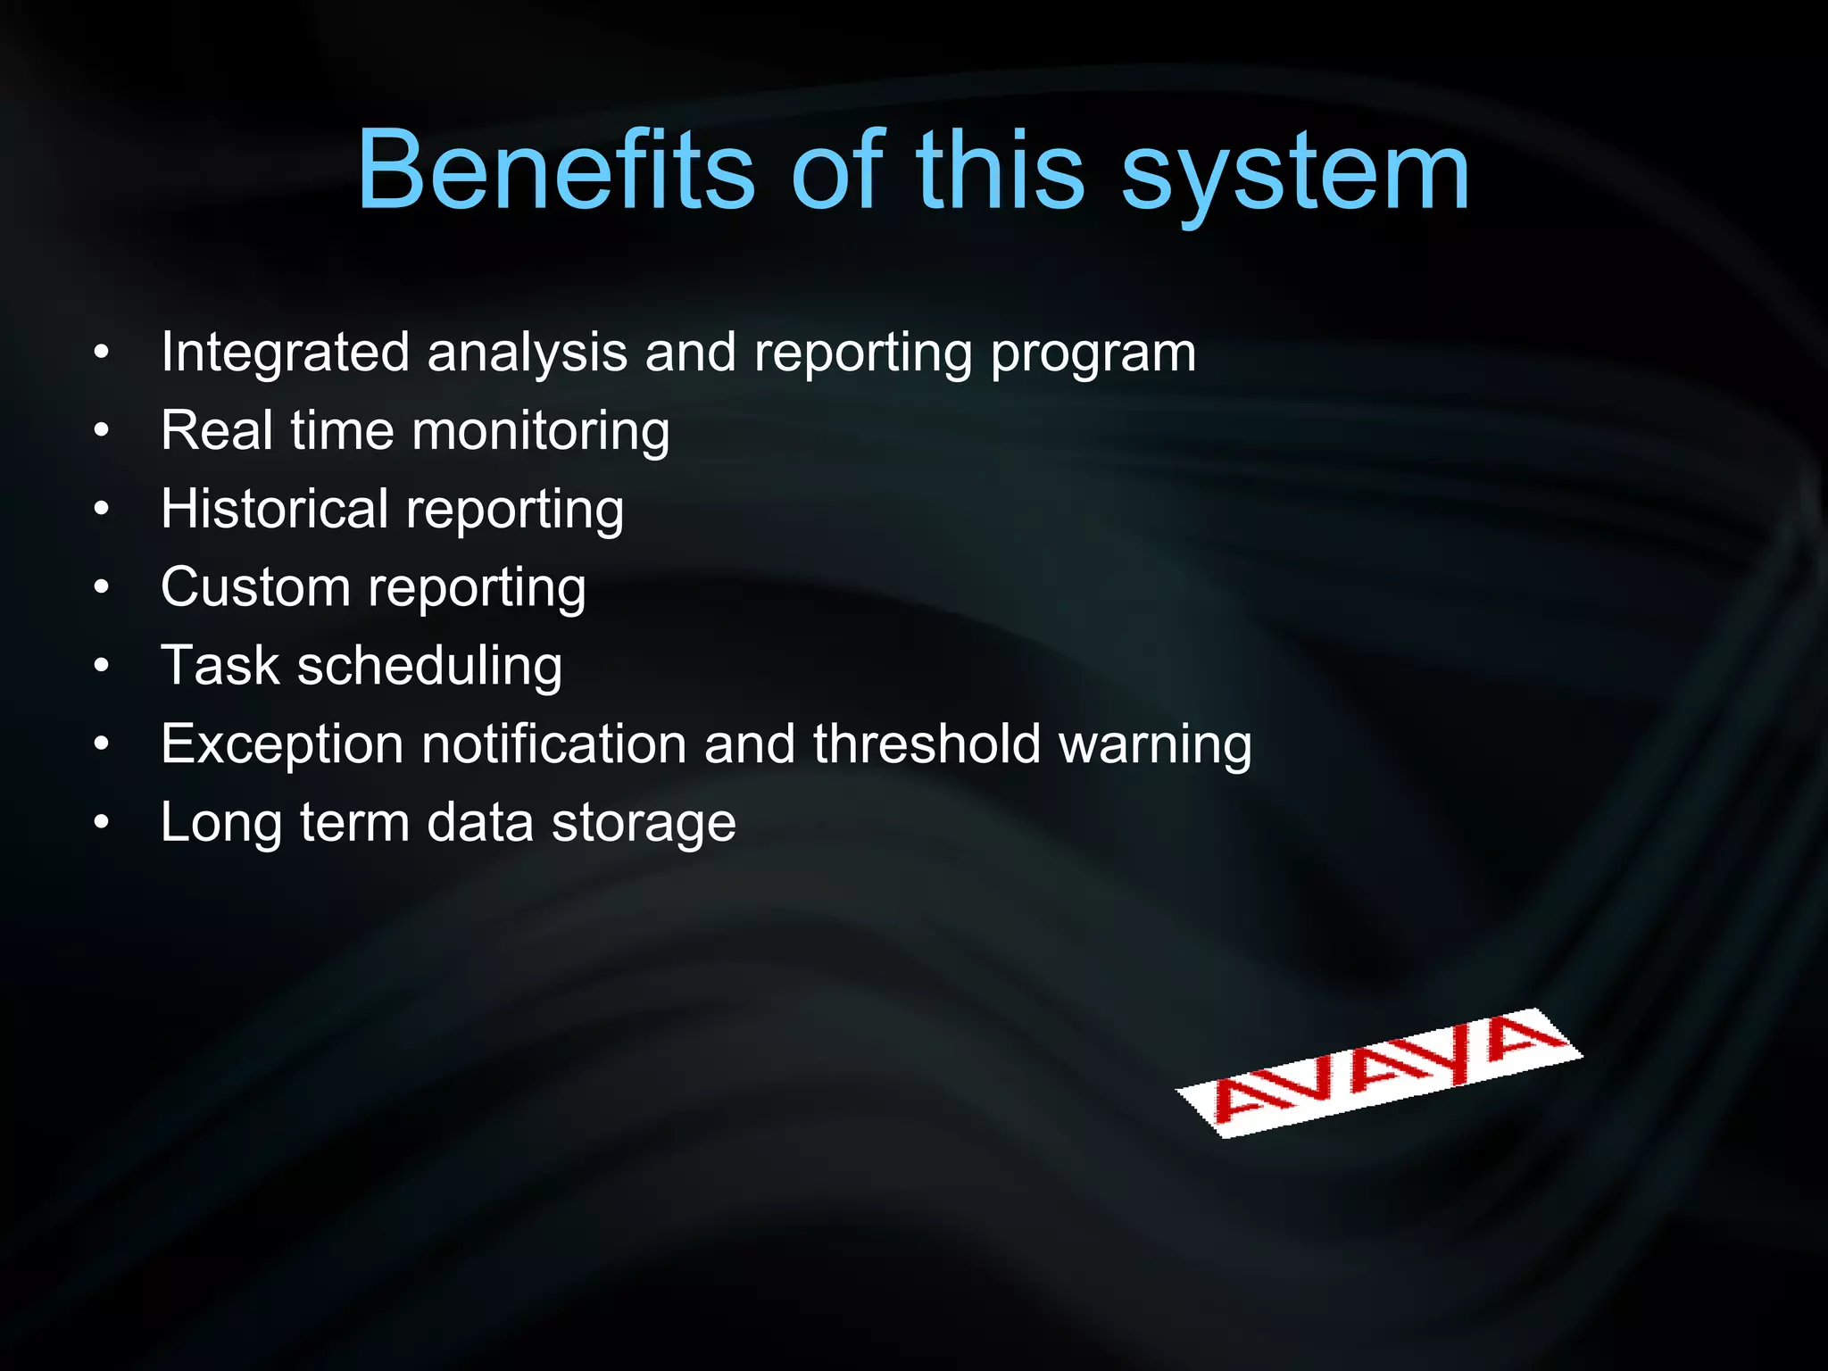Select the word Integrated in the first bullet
pyautogui.click(x=285, y=353)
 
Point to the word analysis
pyautogui.click(x=527, y=353)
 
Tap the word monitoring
pyautogui.click(x=540, y=432)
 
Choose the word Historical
pyautogui.click(x=274, y=509)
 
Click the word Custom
pyautogui.click(x=255, y=587)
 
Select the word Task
pyautogui.click(x=220, y=666)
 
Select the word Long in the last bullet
pyautogui.click(x=220, y=824)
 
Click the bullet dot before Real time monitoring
pyautogui.click(x=102, y=431)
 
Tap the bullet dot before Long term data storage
pyautogui.click(x=102, y=822)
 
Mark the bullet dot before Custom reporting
pyautogui.click(x=102, y=587)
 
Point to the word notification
pyautogui.click(x=553, y=744)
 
